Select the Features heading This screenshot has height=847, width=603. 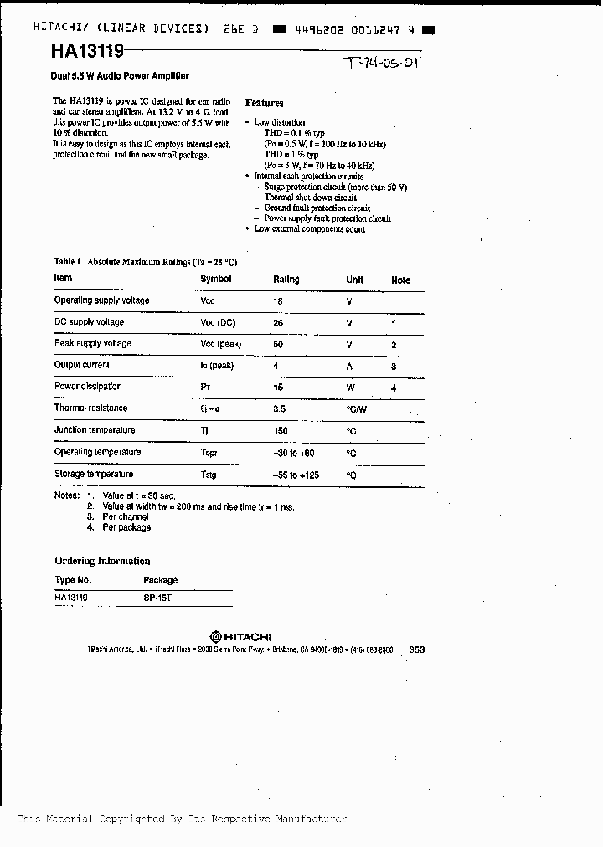click(x=265, y=103)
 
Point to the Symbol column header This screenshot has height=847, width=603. click(x=215, y=279)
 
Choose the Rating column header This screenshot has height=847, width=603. click(x=286, y=280)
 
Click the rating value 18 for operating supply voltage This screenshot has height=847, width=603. click(x=279, y=301)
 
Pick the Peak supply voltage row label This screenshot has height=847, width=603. click(x=93, y=344)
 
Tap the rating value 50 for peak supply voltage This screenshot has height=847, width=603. click(x=279, y=344)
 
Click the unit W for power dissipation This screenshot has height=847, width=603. click(x=350, y=388)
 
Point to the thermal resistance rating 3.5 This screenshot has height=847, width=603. click(x=280, y=409)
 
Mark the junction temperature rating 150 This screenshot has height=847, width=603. click(x=281, y=431)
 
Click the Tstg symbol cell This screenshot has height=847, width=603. click(x=209, y=475)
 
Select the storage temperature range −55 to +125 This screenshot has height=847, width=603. click(x=297, y=475)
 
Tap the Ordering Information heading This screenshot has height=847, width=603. click(x=102, y=561)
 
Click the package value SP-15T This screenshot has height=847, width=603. click(x=157, y=598)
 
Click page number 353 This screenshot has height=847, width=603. click(x=417, y=649)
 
